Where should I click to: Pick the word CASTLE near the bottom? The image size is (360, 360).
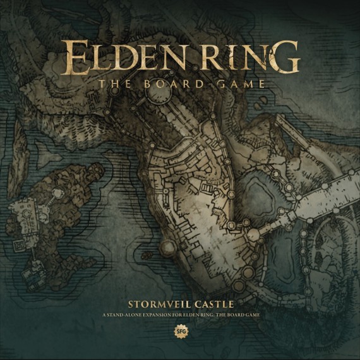(x=214, y=303)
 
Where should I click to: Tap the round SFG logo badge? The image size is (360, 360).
(x=180, y=330)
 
